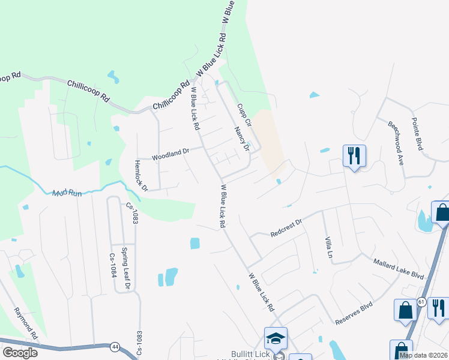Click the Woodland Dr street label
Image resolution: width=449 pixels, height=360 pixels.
(x=170, y=154)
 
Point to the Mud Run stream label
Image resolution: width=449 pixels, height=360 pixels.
(x=66, y=193)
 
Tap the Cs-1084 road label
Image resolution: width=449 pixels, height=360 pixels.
(x=112, y=263)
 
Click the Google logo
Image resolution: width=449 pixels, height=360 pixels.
(x=20, y=352)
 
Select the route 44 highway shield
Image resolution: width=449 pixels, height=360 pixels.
(x=115, y=346)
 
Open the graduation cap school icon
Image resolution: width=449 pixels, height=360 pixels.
(x=276, y=338)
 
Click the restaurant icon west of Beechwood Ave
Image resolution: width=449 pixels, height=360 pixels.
(x=354, y=156)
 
